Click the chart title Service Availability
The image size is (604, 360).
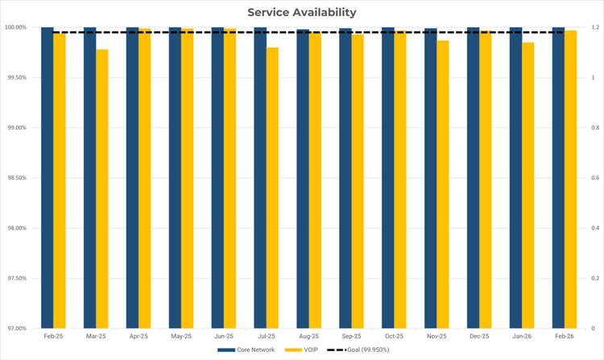(x=301, y=12)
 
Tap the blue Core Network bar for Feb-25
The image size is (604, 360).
(x=48, y=177)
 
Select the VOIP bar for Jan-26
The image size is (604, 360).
(x=527, y=185)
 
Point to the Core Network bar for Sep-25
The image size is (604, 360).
(x=345, y=178)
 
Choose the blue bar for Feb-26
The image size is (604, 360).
(x=558, y=177)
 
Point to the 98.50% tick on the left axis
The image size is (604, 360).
(x=16, y=178)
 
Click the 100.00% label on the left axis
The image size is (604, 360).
(x=15, y=27)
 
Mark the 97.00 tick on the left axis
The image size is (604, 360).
(x=18, y=329)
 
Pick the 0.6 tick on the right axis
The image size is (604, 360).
(x=594, y=178)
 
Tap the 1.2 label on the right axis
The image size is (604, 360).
(x=594, y=27)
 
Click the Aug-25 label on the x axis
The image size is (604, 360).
(x=309, y=336)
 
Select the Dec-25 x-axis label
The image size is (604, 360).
(x=479, y=336)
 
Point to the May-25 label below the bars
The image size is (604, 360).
(x=181, y=336)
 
